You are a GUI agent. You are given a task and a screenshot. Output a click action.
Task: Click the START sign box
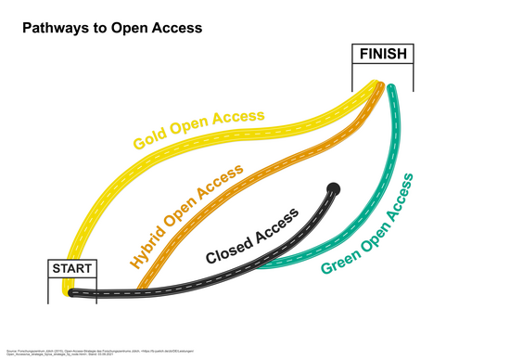coord(71,268)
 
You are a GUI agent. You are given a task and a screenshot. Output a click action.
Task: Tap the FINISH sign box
coord(383,54)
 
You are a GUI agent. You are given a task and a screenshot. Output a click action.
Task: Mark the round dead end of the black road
coord(334,189)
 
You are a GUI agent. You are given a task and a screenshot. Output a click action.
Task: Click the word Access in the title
coord(171,28)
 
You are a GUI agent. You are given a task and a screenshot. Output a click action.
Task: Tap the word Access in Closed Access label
coord(277,225)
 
